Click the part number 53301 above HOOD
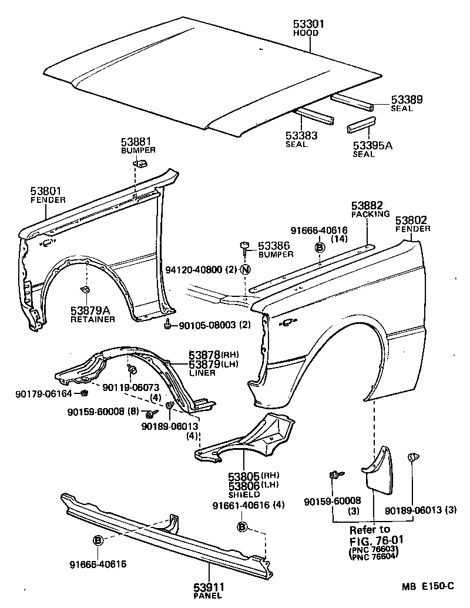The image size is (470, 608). pyautogui.click(x=309, y=24)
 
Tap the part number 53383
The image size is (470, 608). pyautogui.click(x=301, y=136)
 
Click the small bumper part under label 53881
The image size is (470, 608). pyautogui.click(x=141, y=163)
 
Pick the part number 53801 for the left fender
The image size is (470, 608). pyautogui.click(x=46, y=191)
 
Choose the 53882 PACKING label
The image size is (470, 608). pyautogui.click(x=367, y=205)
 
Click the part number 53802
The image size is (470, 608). pyautogui.click(x=411, y=221)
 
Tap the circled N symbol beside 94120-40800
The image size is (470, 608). pyautogui.click(x=245, y=270)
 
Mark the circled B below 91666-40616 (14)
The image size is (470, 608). pyautogui.click(x=320, y=248)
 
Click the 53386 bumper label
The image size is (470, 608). pyautogui.click(x=276, y=245)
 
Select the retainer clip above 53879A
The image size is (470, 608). pyautogui.click(x=84, y=289)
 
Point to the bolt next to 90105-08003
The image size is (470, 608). pyautogui.click(x=169, y=323)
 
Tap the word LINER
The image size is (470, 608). pyautogui.click(x=202, y=373)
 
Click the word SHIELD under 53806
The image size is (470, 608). pyautogui.click(x=243, y=495)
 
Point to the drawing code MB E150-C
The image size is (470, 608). pyautogui.click(x=428, y=586)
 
